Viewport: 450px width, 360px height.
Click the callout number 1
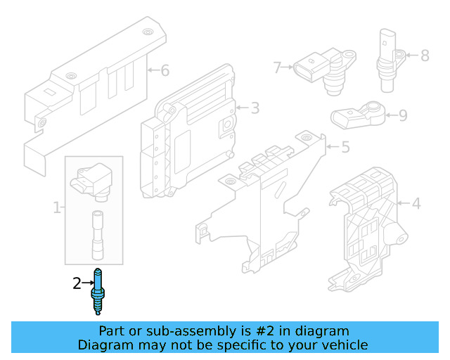56,207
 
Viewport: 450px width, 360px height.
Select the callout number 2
77,283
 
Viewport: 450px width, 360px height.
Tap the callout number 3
255,108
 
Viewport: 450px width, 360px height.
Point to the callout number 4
416,204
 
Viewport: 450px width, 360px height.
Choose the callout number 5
345,147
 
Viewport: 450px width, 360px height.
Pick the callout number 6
165,70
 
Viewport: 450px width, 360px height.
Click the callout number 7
277,67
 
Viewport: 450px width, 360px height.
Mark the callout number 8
424,55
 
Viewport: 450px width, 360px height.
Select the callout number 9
403,115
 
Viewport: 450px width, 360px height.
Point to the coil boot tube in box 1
97,235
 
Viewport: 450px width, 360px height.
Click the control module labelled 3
190,134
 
